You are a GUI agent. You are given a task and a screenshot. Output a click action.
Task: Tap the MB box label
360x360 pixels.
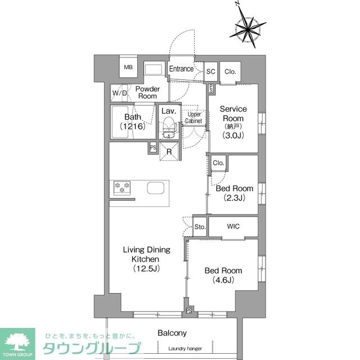coord(128,67)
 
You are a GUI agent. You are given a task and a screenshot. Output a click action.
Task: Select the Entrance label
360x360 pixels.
coord(182,69)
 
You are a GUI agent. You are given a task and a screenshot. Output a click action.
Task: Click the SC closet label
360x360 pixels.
coord(211,71)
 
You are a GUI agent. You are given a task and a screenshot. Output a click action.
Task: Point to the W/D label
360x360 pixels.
coord(119,93)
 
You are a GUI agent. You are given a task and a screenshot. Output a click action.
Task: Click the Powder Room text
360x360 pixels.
coord(147,93)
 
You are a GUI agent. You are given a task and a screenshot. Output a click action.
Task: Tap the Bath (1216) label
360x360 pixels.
coord(134,121)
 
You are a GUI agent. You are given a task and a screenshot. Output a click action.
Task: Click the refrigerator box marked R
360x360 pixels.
coord(169,151)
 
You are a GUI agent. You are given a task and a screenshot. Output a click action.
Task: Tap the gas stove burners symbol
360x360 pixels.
coord(122,187)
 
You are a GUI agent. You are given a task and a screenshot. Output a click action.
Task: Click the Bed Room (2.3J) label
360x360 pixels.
coord(234,193)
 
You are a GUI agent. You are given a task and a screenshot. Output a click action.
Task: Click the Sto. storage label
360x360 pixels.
coord(200,227)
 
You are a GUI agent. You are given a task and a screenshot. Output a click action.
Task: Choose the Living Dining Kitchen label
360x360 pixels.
coord(146,259)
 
